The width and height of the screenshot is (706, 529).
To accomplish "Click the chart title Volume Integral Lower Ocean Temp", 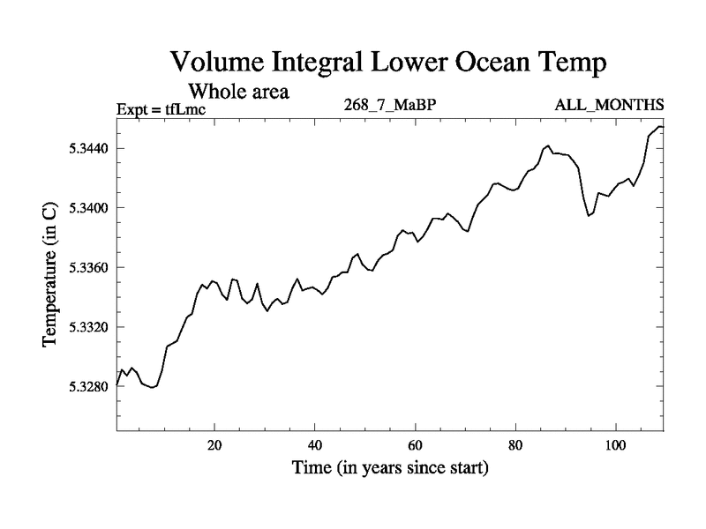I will (389, 63).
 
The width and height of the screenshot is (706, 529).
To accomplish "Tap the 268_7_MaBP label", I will (391, 106).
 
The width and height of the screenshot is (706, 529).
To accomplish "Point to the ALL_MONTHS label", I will (609, 106).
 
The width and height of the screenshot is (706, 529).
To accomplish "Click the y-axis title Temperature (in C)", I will (51, 272).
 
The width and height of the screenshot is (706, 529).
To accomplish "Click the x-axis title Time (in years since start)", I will (390, 468).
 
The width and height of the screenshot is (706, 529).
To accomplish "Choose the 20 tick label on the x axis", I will (214, 445).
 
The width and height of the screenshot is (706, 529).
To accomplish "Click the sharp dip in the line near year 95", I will (589, 215).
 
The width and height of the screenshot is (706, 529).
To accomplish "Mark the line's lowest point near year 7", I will (153, 387).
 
